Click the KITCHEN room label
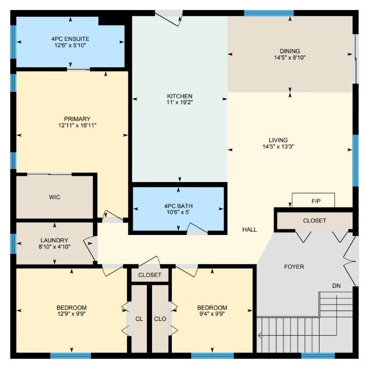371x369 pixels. click(179, 96)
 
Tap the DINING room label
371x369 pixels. click(290, 51)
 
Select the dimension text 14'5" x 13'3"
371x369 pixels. click(278, 147)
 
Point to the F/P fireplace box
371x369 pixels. click(313, 200)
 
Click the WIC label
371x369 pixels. click(54, 197)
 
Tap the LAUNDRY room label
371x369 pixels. click(54, 240)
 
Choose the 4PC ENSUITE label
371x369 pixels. click(70, 39)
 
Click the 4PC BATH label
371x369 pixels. click(179, 206)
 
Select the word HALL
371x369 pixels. click(250, 229)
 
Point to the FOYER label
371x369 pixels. click(294, 267)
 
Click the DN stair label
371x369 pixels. click(336, 286)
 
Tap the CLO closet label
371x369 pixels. click(160, 319)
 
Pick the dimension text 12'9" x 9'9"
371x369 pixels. click(71, 314)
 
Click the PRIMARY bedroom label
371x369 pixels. click(77, 119)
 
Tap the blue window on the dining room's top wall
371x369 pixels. click(269, 13)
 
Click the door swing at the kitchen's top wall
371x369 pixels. click(169, 18)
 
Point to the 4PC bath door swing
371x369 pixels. click(197, 229)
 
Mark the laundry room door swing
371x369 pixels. click(90, 248)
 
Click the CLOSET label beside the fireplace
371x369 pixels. click(314, 221)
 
